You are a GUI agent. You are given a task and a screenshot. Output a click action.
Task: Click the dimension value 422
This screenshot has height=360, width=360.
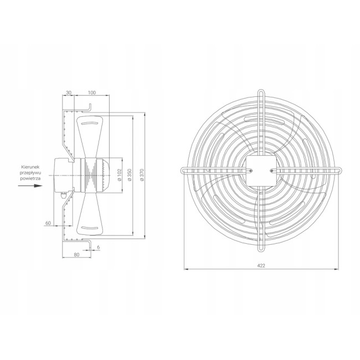coord(261,266)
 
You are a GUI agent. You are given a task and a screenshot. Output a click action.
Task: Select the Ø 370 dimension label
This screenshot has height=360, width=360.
coord(142,175)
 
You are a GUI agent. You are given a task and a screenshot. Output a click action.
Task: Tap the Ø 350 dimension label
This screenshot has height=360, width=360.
coord(130,175)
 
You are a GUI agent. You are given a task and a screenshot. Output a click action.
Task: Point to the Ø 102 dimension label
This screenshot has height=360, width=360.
coord(120,175)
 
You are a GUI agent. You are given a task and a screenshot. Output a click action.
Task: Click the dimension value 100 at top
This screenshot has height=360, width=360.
coord(91,92)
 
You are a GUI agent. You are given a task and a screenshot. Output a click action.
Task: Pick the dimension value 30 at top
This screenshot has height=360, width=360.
coord(69,92)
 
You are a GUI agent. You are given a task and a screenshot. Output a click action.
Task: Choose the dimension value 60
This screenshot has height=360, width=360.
coord(48,223)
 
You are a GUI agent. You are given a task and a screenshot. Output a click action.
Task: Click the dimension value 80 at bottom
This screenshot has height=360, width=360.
coord(76,255)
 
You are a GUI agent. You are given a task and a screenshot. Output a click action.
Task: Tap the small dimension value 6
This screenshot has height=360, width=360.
coord(99,247)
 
